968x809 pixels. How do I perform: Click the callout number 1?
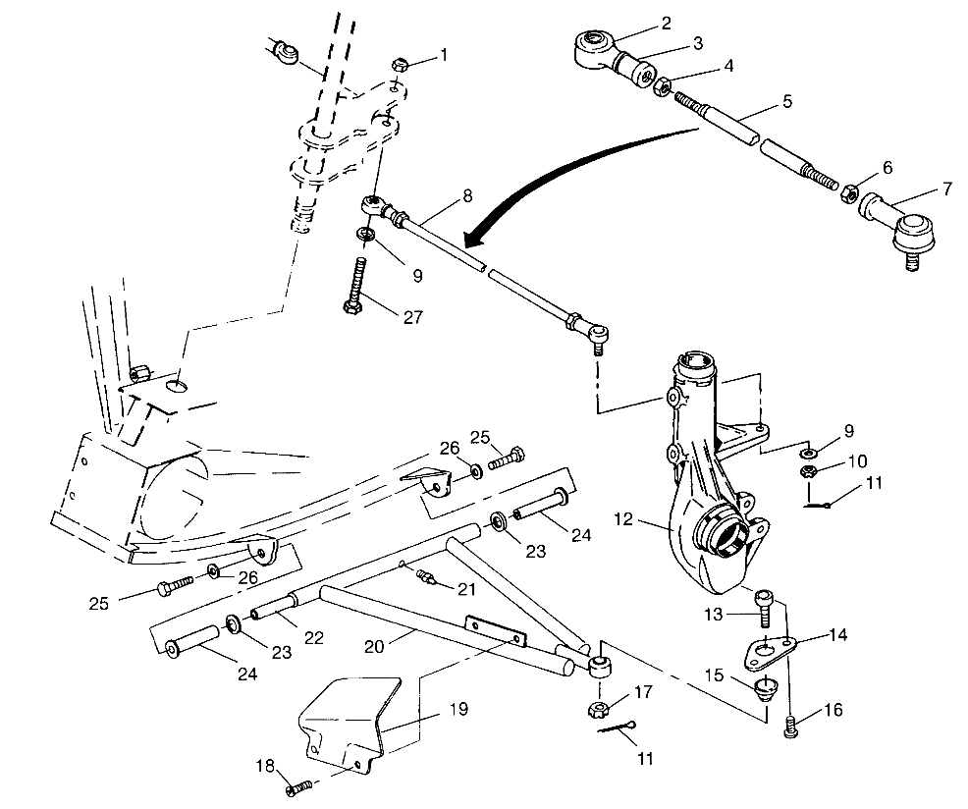(x=443, y=55)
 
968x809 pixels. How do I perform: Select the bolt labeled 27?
(x=356, y=289)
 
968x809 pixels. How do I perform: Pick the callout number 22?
(x=313, y=637)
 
